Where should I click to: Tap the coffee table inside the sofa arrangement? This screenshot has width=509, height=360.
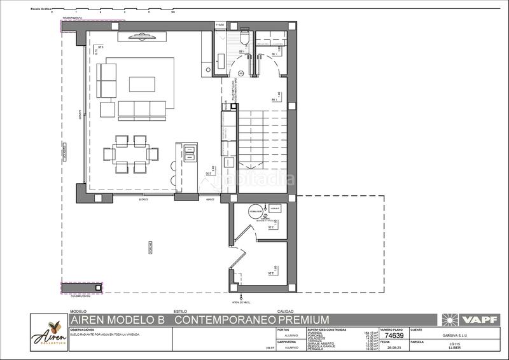click(x=141, y=85)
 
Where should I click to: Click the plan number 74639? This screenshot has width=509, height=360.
click(x=395, y=335)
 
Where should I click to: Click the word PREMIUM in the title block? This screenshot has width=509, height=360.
click(x=303, y=319)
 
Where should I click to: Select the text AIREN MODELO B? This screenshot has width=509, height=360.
click(x=120, y=319)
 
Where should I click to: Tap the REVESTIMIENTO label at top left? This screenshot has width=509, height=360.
click(x=72, y=18)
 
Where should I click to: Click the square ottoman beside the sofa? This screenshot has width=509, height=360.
click(x=107, y=110)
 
